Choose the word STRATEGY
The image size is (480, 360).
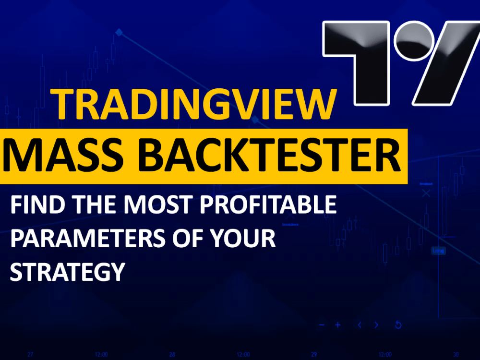[67, 272]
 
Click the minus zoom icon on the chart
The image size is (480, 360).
[322, 325]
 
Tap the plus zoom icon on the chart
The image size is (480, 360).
[338, 325]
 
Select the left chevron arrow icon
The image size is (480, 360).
[360, 325]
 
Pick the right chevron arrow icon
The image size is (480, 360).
[376, 325]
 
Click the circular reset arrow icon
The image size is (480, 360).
[398, 325]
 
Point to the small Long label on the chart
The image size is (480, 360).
[438, 251]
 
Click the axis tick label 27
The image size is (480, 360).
[30, 355]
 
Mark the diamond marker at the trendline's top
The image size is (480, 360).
[119, 33]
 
